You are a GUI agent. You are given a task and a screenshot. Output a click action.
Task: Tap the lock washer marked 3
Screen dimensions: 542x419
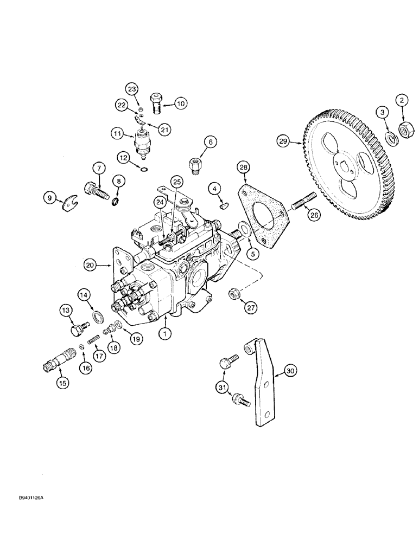389,138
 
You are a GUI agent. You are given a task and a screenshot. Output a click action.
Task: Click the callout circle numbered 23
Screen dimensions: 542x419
132,88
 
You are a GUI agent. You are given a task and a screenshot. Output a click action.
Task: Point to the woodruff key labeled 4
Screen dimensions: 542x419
224,205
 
